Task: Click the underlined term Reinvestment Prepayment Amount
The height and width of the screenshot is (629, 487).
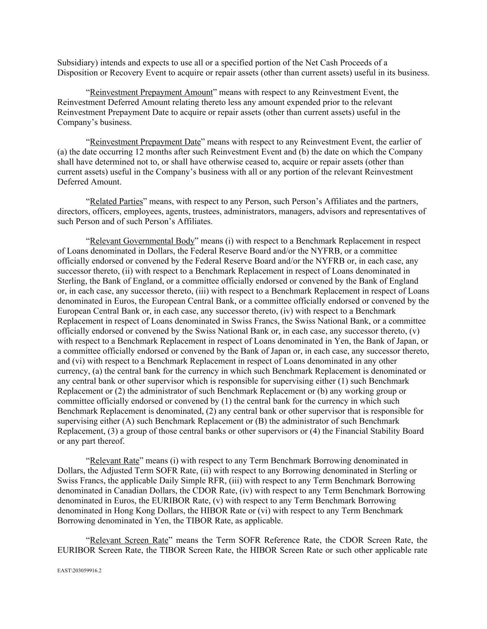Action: pyautogui.click(x=151, y=92)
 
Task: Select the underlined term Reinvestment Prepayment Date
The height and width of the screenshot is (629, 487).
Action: pyautogui.click(x=145, y=142)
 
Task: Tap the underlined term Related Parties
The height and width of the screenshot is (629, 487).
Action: pyautogui.click(x=116, y=201)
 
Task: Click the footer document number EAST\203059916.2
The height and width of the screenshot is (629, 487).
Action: pyautogui.click(x=79, y=570)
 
